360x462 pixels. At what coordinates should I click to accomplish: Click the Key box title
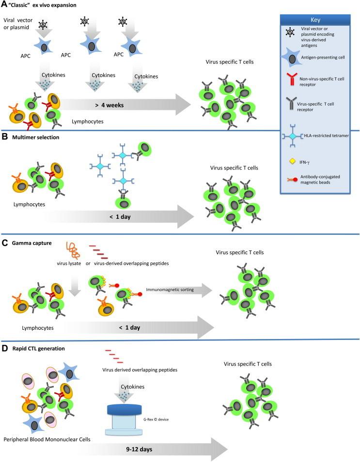[315, 20]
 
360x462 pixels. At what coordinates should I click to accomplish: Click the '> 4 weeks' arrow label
[110, 105]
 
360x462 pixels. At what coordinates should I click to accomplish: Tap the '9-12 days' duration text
[139, 449]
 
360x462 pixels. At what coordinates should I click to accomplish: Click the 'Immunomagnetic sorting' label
[170, 290]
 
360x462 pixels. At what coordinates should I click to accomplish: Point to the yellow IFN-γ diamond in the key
[292, 161]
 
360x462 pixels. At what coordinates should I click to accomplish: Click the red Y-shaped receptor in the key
[292, 79]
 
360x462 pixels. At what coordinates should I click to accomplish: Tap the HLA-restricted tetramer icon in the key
[292, 136]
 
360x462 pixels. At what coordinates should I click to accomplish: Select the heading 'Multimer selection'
[36, 138]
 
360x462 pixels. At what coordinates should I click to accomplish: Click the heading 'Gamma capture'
[32, 243]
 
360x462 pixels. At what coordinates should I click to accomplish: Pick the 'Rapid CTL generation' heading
[39, 349]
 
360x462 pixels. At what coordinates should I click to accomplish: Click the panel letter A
[4, 4]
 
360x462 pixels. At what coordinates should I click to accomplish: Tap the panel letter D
[4, 349]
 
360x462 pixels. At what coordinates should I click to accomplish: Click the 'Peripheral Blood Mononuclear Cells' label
[47, 439]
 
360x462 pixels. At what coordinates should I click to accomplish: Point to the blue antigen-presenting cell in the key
[291, 58]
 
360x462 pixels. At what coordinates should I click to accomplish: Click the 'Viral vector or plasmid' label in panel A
[18, 24]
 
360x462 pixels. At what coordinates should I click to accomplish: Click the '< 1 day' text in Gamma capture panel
[129, 328]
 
